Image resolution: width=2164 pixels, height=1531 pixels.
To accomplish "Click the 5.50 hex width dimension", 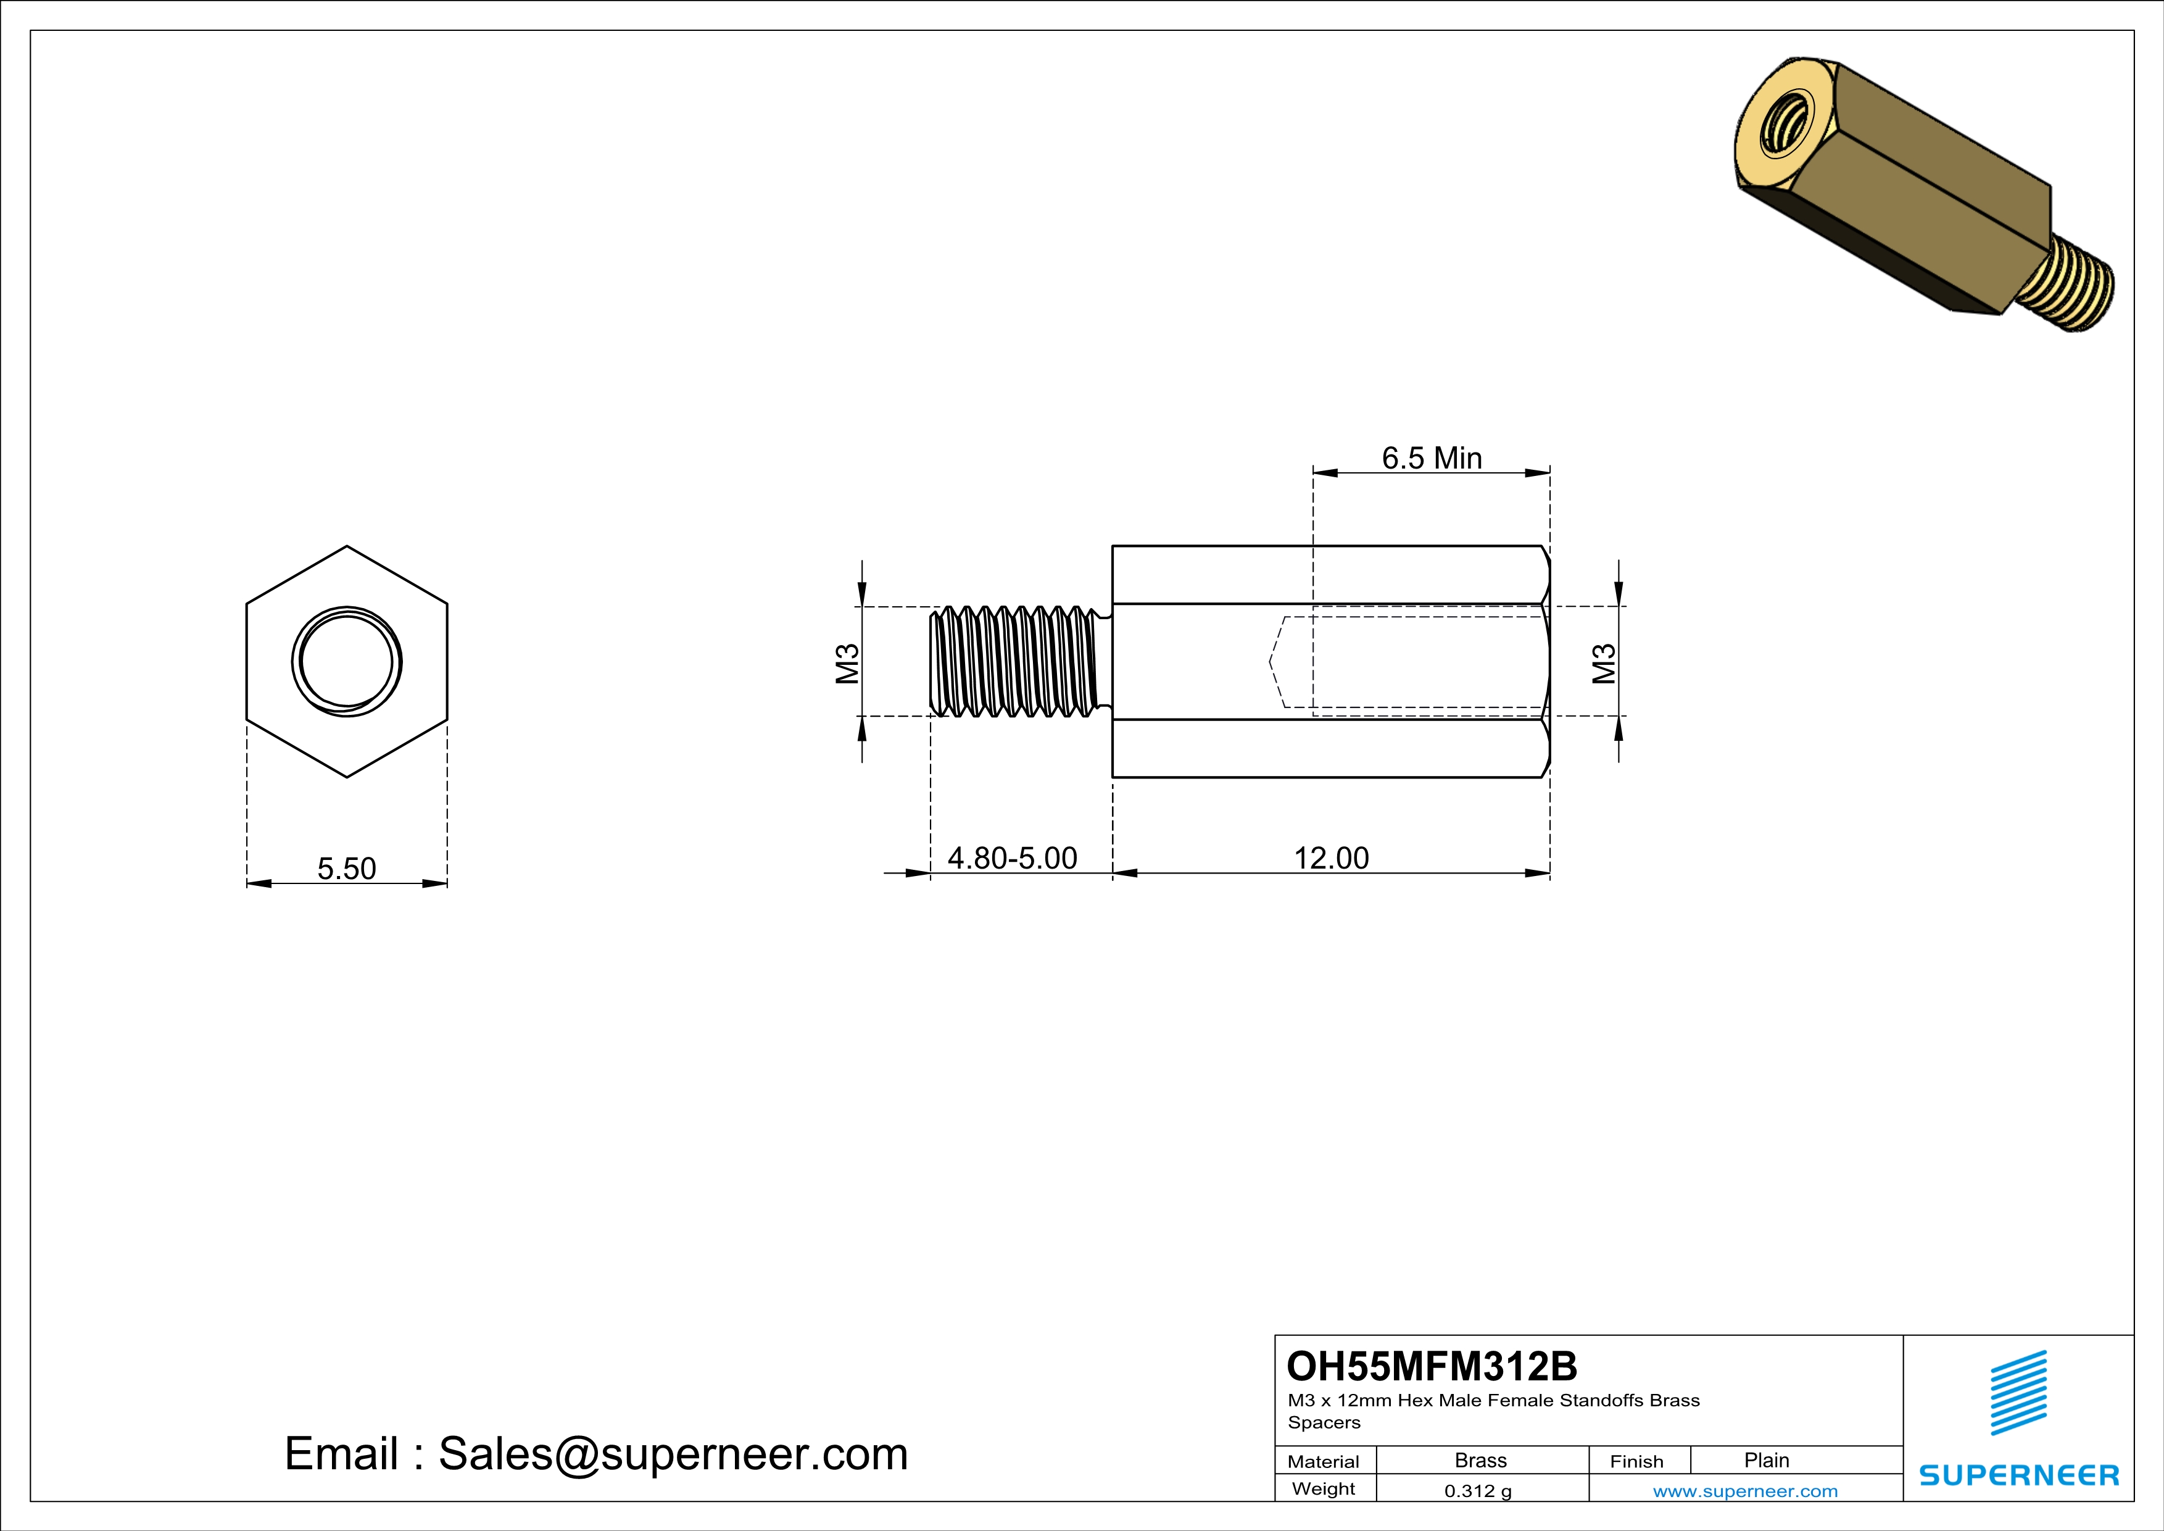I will pos(346,868).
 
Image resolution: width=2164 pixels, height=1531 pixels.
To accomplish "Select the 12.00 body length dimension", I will pos(1331,858).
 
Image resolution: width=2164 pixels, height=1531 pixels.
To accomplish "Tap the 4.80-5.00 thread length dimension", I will pos(1011,858).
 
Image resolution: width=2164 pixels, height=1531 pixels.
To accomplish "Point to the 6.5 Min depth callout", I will pos(1431,458).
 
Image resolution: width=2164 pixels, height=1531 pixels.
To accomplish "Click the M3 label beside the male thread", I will pos(847,663).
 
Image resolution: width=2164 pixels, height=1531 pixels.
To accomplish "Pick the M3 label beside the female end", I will pos(1603,663).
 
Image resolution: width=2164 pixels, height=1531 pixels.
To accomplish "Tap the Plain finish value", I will pos(1765,1460).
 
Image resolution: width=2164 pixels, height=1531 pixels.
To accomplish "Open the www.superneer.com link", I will pos(1744,1490).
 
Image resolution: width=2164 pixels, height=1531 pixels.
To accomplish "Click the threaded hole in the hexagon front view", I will pos(346,662).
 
